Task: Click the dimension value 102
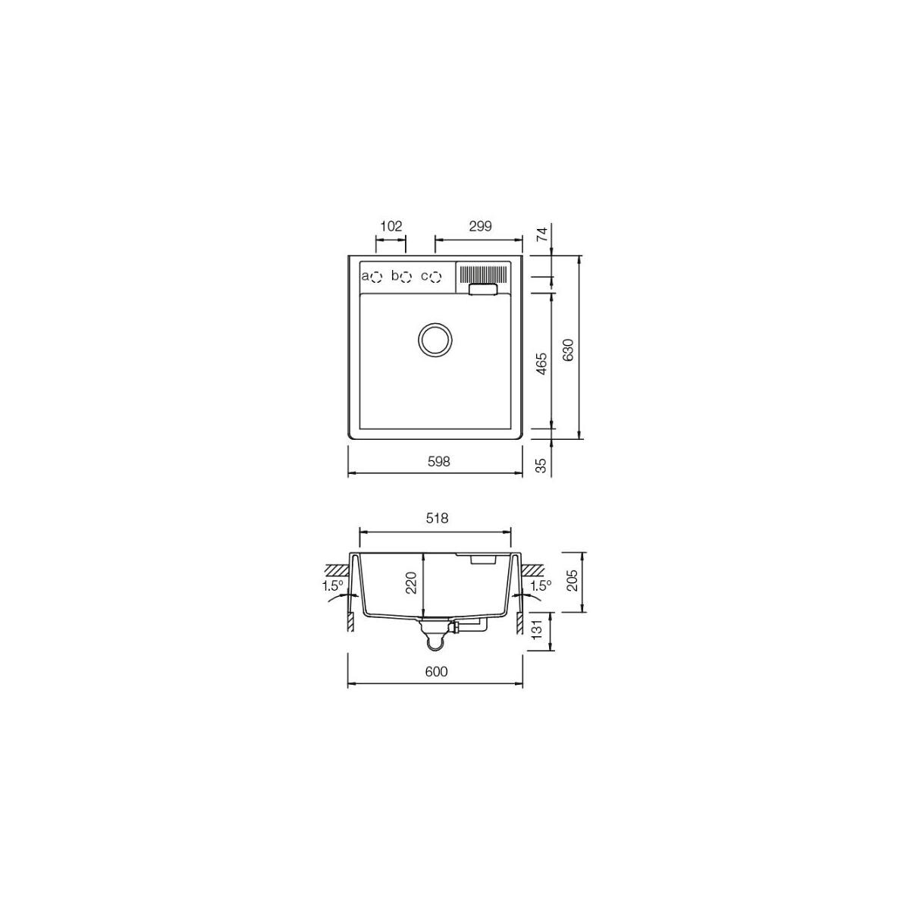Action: click(391, 225)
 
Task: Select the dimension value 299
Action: click(480, 225)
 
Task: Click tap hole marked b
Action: click(406, 276)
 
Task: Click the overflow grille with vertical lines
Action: click(482, 273)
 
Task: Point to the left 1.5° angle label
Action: click(331, 585)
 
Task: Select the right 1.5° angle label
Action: click(540, 585)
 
